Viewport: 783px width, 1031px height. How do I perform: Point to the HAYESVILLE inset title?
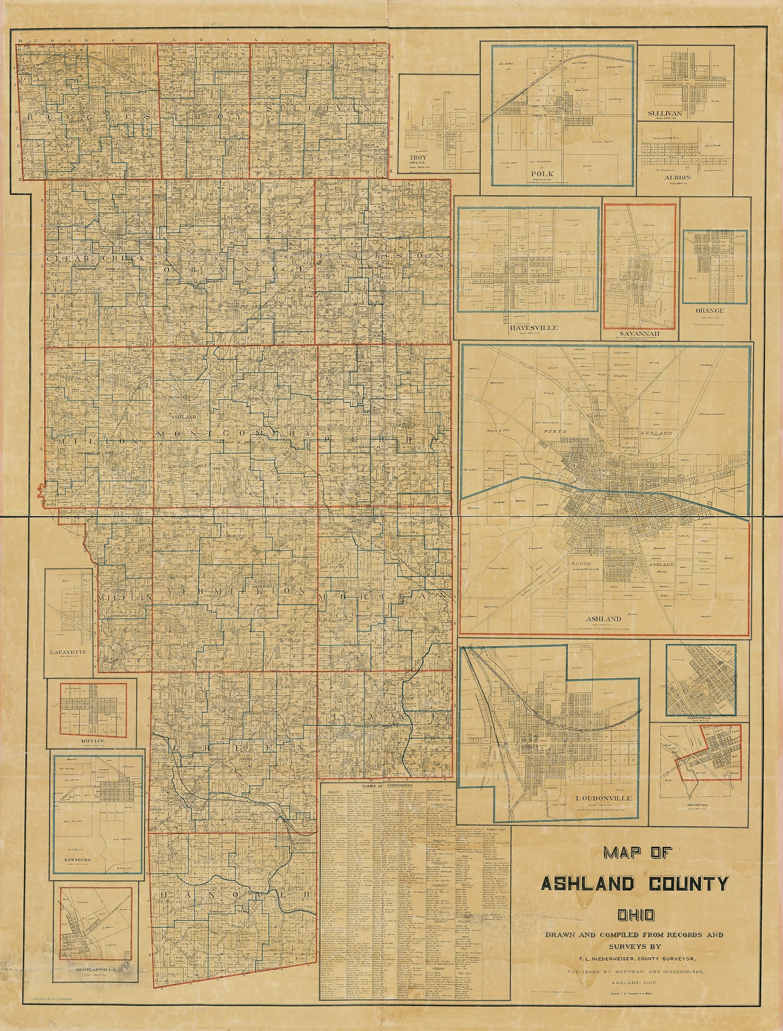click(x=528, y=327)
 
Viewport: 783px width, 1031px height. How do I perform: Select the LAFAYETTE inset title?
click(x=67, y=652)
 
